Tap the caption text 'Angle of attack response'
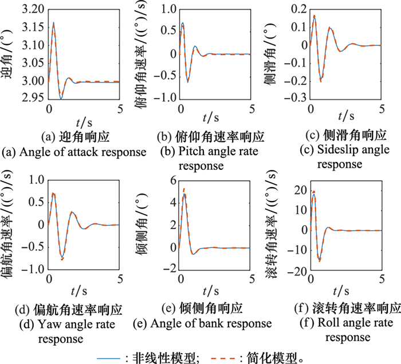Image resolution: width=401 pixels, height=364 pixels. pos(74,152)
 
